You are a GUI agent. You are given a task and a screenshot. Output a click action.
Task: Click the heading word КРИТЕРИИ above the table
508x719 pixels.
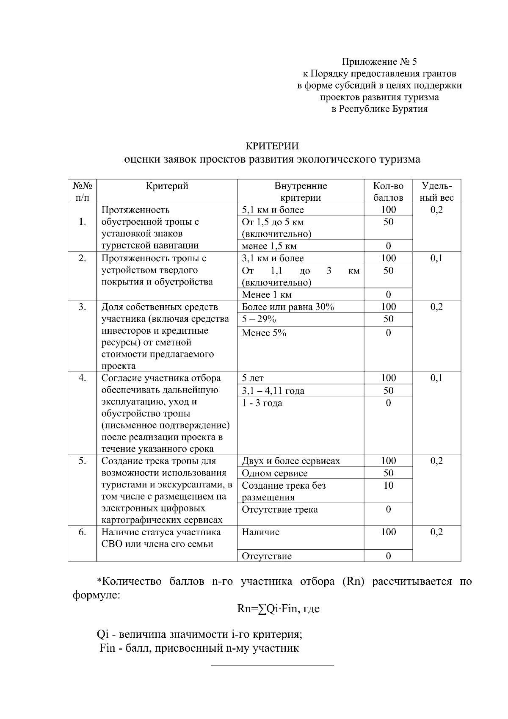click(272, 146)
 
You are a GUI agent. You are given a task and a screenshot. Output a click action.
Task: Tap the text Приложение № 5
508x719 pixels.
click(379, 62)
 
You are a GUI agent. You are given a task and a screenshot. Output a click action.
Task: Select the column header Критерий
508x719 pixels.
click(167, 186)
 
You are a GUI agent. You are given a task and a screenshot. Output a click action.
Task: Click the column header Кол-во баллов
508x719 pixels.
click(388, 191)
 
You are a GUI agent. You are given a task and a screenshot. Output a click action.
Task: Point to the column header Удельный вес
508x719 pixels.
click(436, 191)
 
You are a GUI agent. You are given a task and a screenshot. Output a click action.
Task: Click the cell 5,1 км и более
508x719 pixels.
click(273, 210)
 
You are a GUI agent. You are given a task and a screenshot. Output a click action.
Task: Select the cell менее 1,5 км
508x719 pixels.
click(269, 246)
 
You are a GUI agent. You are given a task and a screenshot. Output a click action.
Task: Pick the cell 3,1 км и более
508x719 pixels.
click(273, 258)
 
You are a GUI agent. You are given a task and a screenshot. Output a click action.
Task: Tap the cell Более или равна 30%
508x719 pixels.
click(288, 307)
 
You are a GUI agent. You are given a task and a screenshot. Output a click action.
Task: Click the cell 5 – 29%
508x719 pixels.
click(259, 319)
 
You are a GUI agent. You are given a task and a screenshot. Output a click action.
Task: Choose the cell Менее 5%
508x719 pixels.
click(264, 333)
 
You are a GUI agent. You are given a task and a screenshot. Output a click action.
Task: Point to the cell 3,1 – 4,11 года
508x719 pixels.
click(273, 391)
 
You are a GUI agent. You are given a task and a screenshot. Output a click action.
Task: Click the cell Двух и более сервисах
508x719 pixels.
click(291, 461)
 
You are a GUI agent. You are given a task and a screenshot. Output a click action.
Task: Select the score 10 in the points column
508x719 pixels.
click(388, 486)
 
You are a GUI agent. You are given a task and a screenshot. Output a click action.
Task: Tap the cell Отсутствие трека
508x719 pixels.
click(279, 510)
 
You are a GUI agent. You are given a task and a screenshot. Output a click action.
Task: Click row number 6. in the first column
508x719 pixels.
click(82, 532)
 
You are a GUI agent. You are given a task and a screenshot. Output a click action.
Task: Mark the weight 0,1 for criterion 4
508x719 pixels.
click(436, 378)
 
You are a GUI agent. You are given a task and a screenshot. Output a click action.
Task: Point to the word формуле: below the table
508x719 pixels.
click(97, 595)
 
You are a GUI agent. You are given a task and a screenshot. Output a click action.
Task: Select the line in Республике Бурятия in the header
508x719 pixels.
click(379, 109)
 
